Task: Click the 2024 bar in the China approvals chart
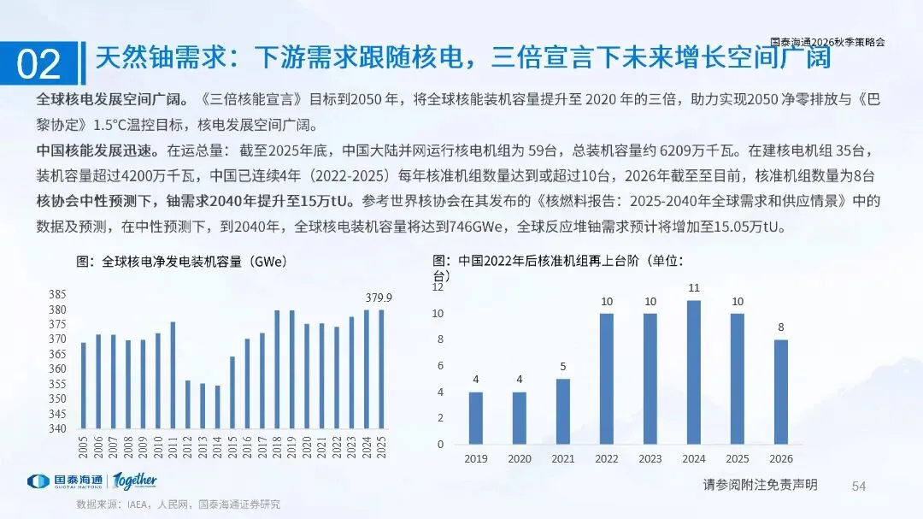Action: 694,372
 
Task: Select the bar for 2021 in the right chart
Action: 563,411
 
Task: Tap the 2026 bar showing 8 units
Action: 781,392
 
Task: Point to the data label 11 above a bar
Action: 694,288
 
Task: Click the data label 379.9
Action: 379,298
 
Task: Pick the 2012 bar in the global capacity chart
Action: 188,404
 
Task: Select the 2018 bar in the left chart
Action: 277,369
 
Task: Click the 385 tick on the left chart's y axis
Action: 57,294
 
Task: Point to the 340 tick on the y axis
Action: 57,428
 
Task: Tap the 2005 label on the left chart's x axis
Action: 83,447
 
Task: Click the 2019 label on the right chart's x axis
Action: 476,459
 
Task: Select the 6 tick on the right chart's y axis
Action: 440,366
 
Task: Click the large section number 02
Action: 38,63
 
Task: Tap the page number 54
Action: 859,486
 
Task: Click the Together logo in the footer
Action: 135,481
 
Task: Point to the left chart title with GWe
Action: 181,262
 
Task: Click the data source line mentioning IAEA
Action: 179,504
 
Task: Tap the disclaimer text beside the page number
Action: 760,485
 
